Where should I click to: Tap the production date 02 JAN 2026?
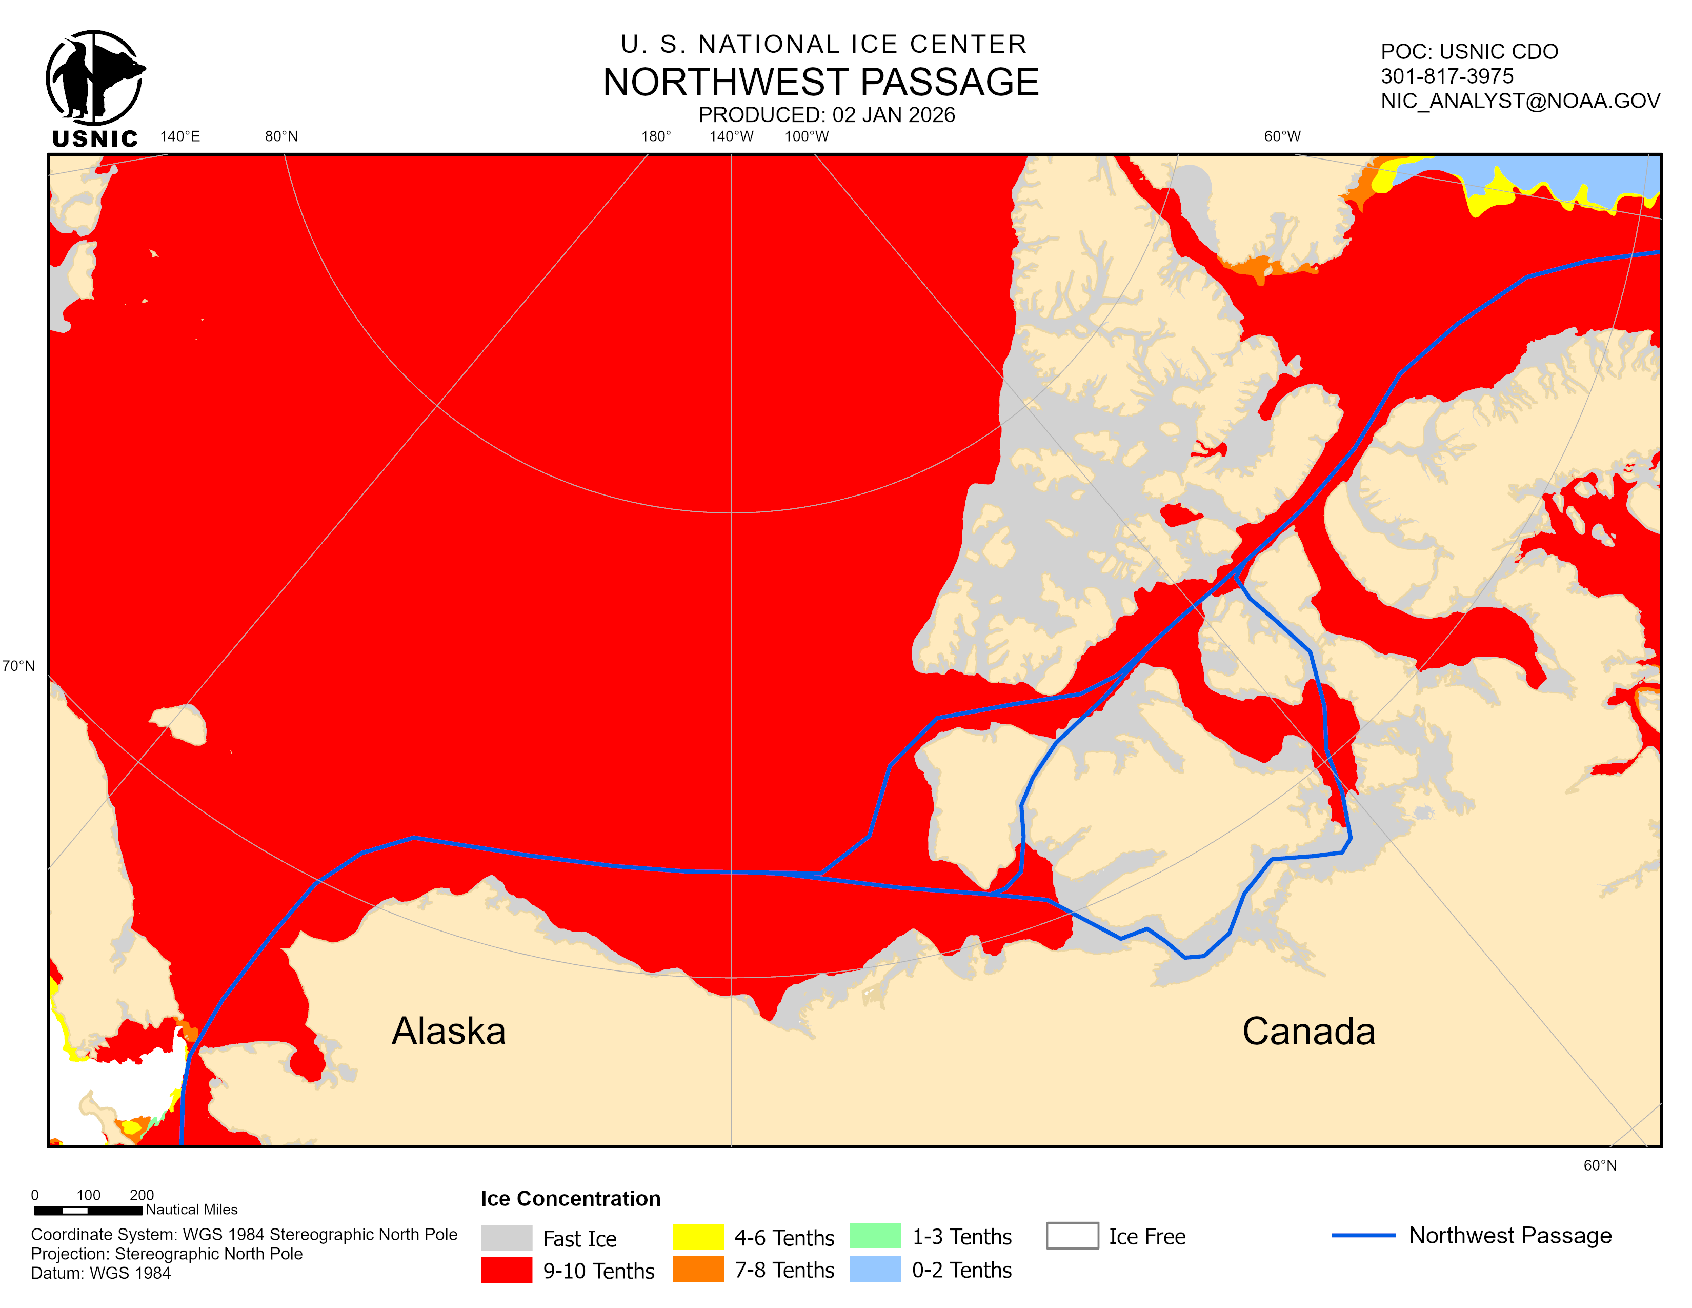[893, 115]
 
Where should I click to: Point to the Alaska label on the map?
[449, 1030]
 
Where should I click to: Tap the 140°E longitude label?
[180, 136]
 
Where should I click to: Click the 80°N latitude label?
[281, 136]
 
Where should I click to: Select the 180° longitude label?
[655, 136]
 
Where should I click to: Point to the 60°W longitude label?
[1282, 136]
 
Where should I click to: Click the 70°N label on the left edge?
[18, 666]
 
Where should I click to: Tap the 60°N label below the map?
[1599, 1165]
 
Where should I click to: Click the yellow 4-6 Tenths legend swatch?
[697, 1237]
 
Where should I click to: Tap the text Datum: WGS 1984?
[100, 1273]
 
